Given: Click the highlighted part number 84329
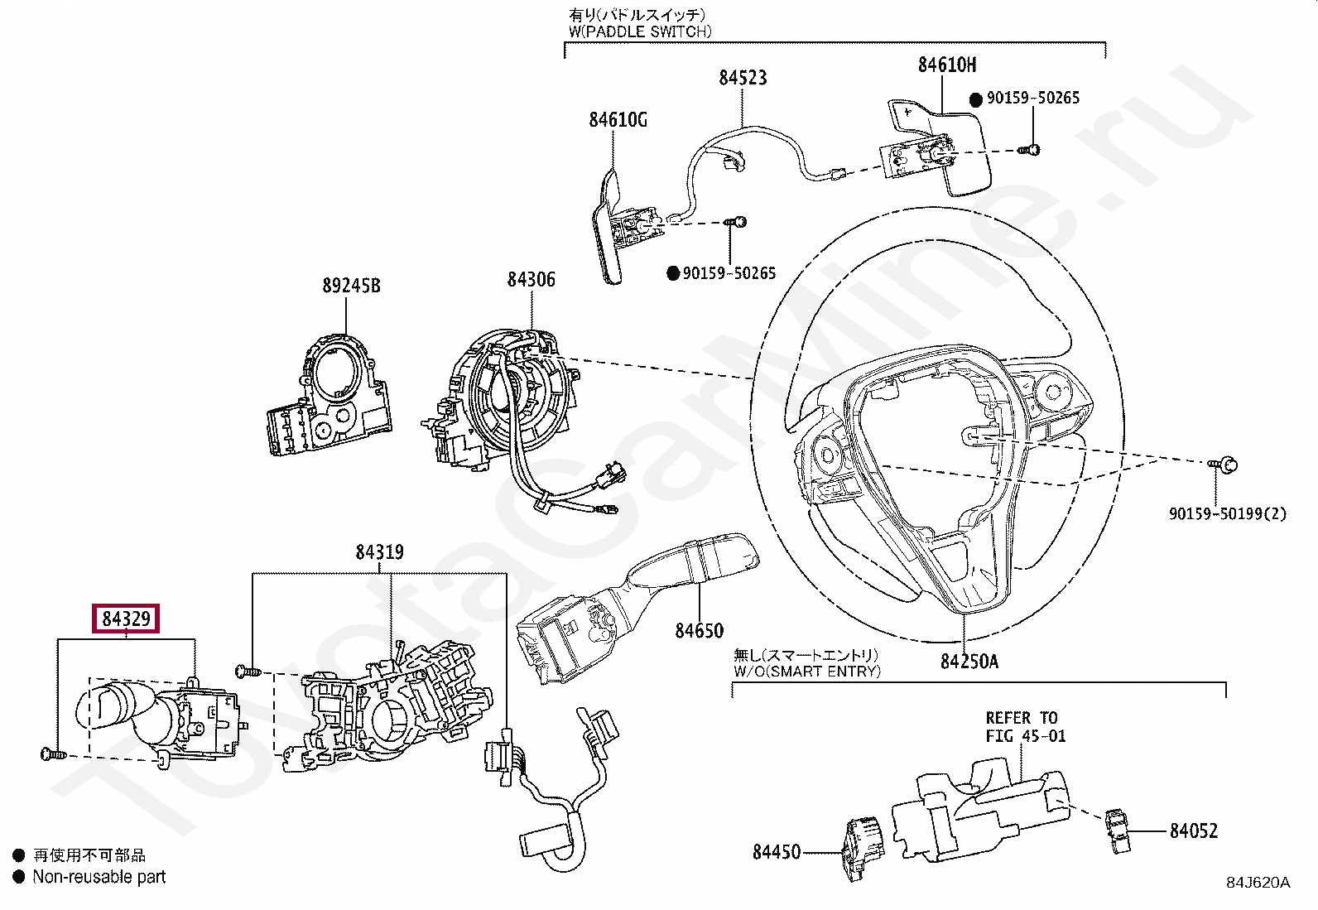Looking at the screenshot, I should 126,619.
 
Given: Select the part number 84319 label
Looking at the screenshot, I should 379,552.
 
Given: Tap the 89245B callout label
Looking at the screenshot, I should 351,286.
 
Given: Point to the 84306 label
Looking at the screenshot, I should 531,280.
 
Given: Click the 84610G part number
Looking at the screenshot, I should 618,120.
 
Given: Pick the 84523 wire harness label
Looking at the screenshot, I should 743,78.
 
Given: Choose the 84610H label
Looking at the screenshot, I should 946,65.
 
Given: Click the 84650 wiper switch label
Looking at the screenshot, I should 699,631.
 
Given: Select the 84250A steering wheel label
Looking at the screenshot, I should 969,662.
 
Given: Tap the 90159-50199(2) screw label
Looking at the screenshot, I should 1227,513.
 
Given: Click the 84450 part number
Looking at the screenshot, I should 776,852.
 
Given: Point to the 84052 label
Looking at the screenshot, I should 1193,831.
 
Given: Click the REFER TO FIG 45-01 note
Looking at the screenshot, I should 1025,727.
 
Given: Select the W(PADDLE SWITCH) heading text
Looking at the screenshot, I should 639,31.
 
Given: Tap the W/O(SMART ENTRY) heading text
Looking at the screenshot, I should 806,672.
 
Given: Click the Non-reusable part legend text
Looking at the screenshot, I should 99,877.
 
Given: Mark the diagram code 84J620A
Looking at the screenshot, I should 1258,883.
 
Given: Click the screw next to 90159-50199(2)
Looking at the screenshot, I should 1224,465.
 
